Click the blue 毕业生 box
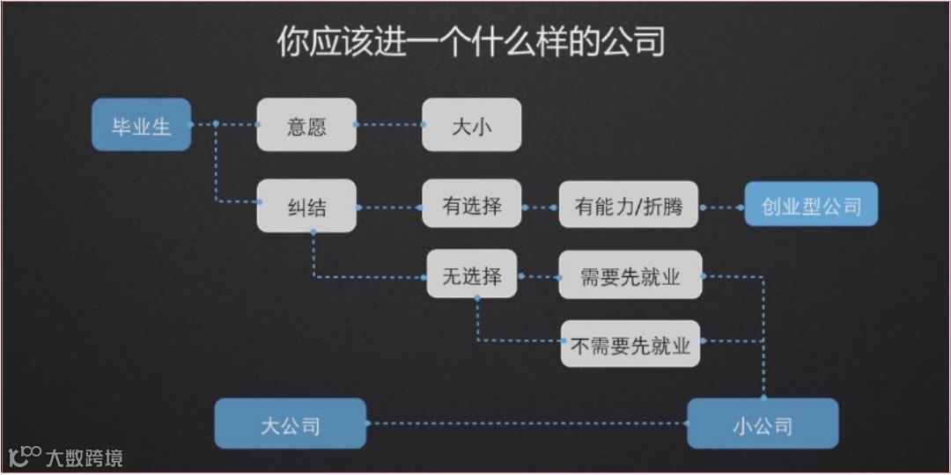click(141, 125)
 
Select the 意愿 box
click(306, 125)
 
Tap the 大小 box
click(471, 125)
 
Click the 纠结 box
click(306, 207)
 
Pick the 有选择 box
click(471, 206)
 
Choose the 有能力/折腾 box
click(628, 207)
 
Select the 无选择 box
click(471, 274)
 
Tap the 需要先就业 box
click(630, 275)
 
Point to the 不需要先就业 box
click(630, 344)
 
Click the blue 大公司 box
click(291, 424)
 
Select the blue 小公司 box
click(763, 424)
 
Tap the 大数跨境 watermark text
click(85, 457)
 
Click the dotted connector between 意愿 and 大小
click(389, 125)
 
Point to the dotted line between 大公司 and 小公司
click(527, 424)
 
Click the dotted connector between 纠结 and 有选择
click(389, 208)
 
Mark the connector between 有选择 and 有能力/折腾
click(540, 208)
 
